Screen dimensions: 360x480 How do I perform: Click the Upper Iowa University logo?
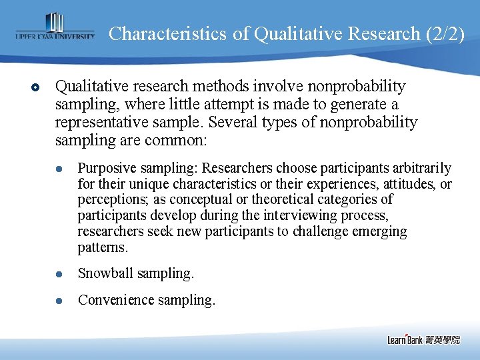click(x=55, y=28)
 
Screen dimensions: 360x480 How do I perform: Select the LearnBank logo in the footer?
click(x=423, y=340)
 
